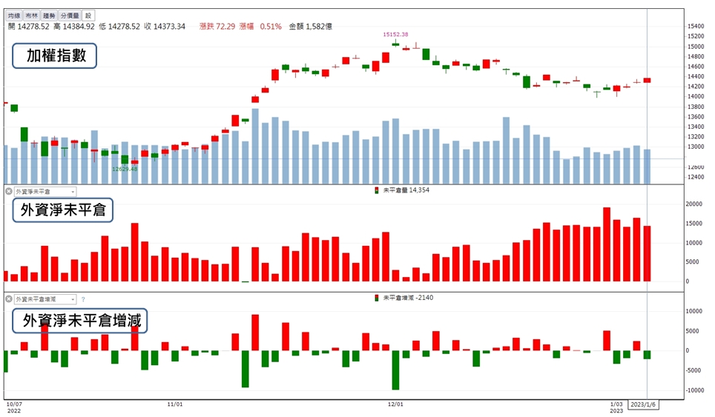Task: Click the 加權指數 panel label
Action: pos(54,56)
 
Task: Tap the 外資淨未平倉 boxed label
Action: pos(62,210)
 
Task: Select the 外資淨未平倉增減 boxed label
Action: pos(80,321)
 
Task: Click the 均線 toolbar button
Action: pos(14,16)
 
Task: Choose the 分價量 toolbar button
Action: pos(70,16)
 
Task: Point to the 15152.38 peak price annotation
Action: pos(395,34)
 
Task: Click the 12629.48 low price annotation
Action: pos(125,169)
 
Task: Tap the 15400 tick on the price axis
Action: pos(696,27)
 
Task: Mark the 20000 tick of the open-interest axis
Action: pos(694,204)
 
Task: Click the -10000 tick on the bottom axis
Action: pos(693,390)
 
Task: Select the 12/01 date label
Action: pos(395,404)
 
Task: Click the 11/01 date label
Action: pos(174,404)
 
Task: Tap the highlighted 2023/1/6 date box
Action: pos(642,404)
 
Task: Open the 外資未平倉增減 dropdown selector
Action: pos(45,299)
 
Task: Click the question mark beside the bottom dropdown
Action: pos(83,299)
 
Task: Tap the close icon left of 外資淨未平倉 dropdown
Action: pos(9,191)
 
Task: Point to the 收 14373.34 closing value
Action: pos(165,27)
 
